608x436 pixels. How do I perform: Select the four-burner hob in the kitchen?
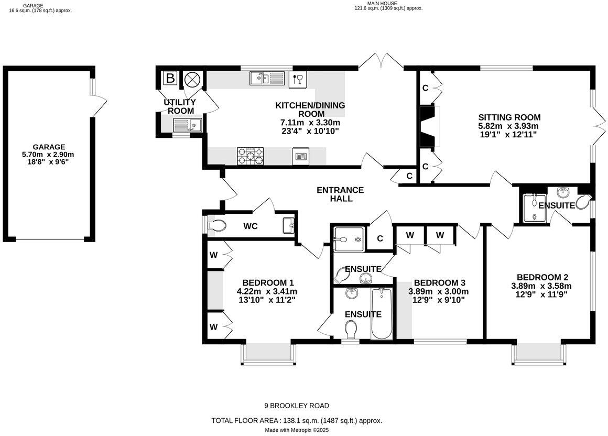[x=251, y=155]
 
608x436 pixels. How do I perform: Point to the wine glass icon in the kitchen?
[x=298, y=79]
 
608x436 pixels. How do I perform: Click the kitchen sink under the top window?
[x=267, y=79]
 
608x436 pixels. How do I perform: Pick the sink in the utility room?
[x=188, y=125]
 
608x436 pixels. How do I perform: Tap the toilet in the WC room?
[x=216, y=226]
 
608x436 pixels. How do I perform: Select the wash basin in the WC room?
[x=289, y=226]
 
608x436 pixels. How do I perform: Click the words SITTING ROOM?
[x=509, y=117]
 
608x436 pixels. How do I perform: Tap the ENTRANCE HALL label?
[x=340, y=194]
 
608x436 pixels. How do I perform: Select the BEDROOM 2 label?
[x=542, y=277]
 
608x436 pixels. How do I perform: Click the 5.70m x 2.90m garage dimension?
[x=48, y=155]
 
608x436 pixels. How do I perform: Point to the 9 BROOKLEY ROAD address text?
[x=297, y=406]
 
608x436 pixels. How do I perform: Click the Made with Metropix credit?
[x=297, y=430]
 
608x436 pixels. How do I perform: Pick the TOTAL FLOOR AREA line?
[x=297, y=420]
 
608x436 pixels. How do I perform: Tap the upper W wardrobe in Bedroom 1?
[x=214, y=255]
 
